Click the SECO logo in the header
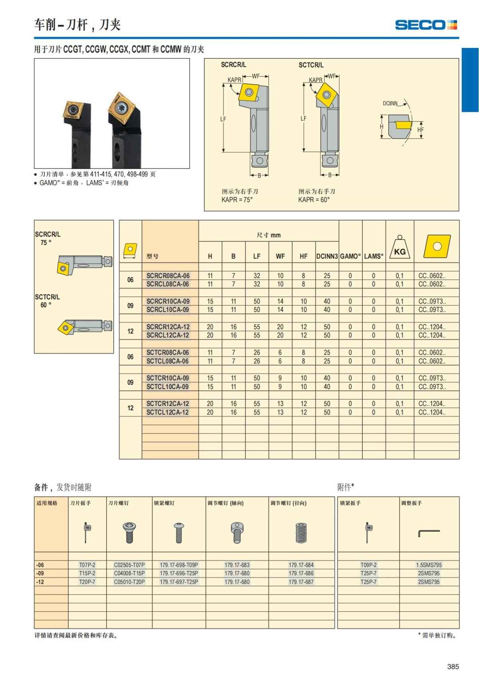[x=426, y=25]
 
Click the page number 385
[x=453, y=666]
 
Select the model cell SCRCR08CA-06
[x=168, y=276]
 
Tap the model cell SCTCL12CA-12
[x=168, y=412]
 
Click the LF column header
[x=257, y=256]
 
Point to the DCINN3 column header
[x=327, y=256]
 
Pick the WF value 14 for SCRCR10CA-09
[x=280, y=302]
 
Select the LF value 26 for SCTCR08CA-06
[x=257, y=353]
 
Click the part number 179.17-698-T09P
[x=179, y=565]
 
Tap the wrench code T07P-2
[x=87, y=565]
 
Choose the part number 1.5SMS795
[x=429, y=565]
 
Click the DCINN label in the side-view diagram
[x=390, y=103]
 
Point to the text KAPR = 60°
[x=314, y=200]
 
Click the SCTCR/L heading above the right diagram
[x=311, y=65]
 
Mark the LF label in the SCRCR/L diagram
[x=223, y=119]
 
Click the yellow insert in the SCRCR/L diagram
[x=249, y=92]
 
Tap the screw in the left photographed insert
[x=73, y=109]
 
